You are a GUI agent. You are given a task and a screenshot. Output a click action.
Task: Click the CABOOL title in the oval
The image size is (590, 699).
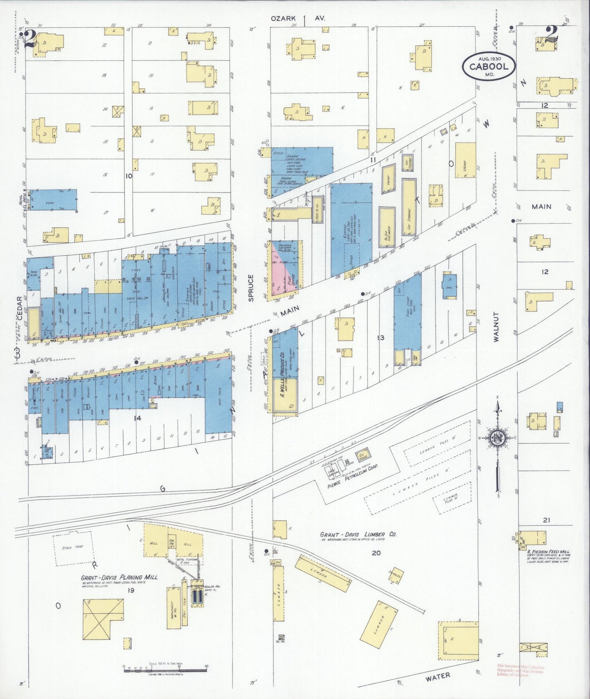pos(489,67)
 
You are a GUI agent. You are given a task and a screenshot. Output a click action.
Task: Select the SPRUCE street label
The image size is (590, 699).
pos(251,288)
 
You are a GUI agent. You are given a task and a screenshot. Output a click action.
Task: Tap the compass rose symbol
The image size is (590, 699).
pos(498,438)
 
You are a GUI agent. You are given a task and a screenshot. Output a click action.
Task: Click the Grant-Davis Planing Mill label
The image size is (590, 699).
pos(119,577)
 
